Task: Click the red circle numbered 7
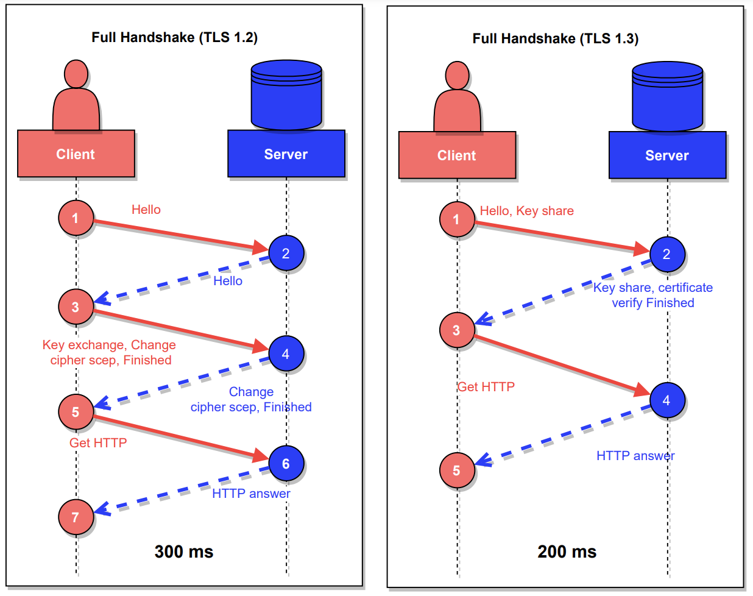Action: point(76,517)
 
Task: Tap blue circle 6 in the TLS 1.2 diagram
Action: point(285,464)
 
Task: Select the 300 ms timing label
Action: point(183,552)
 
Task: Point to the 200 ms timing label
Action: point(567,552)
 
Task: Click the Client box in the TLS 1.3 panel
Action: point(457,155)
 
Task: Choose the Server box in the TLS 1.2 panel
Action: point(286,154)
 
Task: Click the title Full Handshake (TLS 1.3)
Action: point(555,38)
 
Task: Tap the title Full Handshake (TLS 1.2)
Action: point(174,37)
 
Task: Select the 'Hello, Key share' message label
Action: point(526,211)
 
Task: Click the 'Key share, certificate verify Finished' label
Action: point(652,295)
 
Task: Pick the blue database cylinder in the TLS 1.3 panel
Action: point(667,96)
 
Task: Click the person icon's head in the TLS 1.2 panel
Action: point(76,74)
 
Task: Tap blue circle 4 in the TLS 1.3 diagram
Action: point(666,400)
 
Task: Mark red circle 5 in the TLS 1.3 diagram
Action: point(456,470)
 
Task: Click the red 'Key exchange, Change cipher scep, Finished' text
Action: point(110,352)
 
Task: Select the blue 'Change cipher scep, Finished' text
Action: point(251,399)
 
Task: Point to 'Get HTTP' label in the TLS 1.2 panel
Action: point(98,443)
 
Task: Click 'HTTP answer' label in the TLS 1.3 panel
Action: point(635,456)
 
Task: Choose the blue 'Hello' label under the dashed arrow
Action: point(228,281)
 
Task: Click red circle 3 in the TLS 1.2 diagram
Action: point(76,307)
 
